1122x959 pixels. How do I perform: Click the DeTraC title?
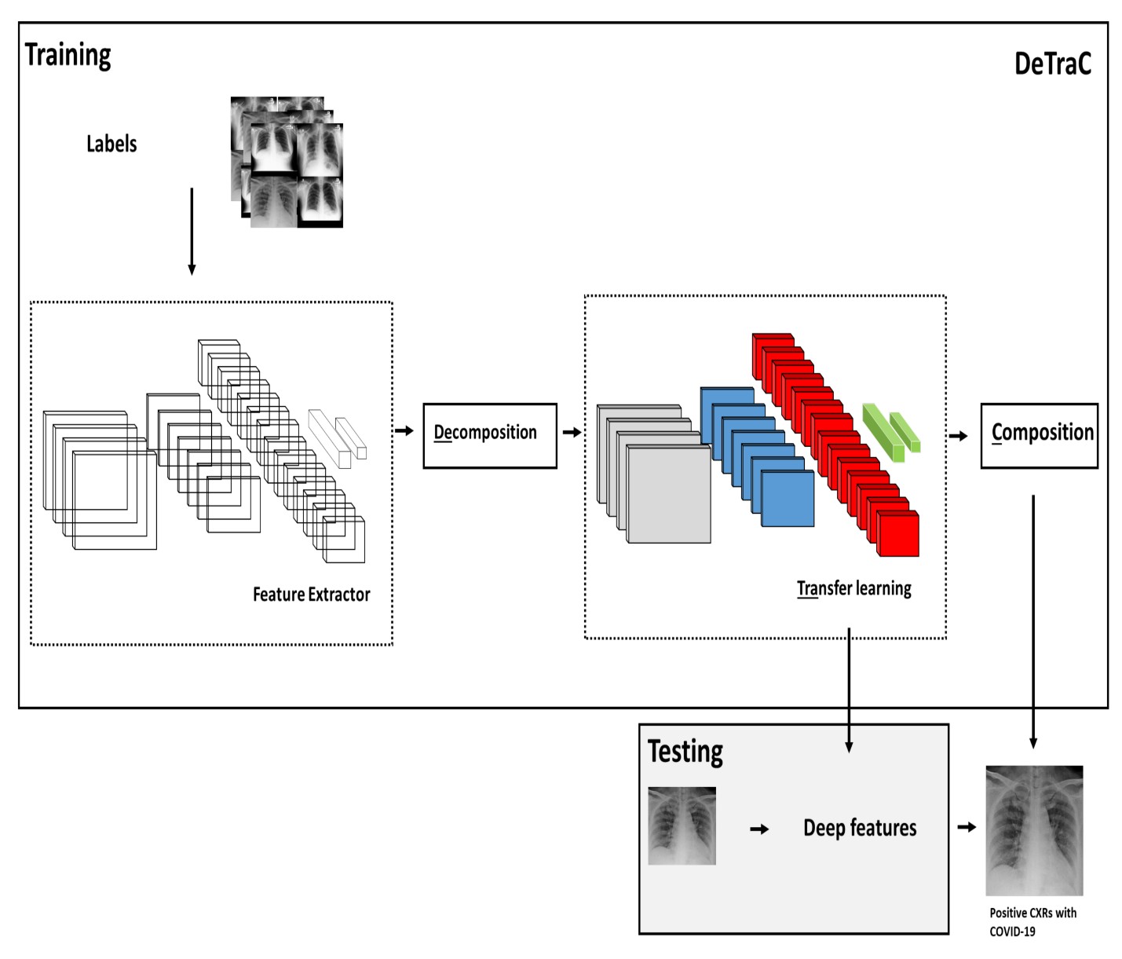[1052, 64]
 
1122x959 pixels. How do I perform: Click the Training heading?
[68, 55]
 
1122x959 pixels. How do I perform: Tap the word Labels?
[111, 144]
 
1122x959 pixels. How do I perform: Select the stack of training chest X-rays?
[287, 162]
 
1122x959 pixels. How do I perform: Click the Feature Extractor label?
[311, 595]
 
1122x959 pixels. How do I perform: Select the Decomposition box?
[490, 436]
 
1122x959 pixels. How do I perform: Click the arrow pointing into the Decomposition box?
[404, 430]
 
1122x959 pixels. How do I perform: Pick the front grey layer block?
[669, 494]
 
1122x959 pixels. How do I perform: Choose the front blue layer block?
[788, 499]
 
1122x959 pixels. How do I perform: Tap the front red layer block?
[898, 534]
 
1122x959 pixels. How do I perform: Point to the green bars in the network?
[891, 432]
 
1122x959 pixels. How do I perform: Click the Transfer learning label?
[853, 588]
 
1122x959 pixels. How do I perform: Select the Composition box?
[1039, 436]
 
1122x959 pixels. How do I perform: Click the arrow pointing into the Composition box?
[959, 436]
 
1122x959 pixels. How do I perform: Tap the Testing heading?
[685, 752]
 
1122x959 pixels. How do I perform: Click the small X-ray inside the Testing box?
[682, 825]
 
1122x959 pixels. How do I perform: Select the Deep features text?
[860, 828]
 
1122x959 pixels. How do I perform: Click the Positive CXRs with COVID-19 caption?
[1032, 922]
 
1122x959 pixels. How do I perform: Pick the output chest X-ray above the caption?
[1034, 830]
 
